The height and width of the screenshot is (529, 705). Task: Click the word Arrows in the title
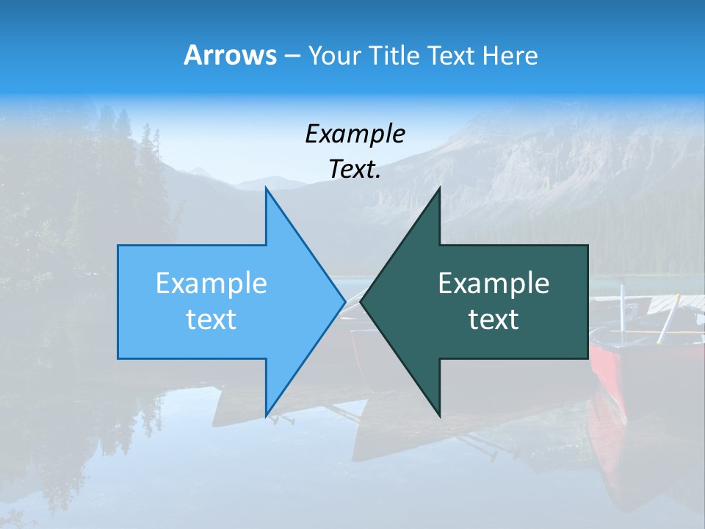(229, 55)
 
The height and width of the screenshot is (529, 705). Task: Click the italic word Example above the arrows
(355, 134)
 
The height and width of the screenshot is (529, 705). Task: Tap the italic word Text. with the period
(355, 170)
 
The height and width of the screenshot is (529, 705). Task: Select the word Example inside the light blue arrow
(211, 284)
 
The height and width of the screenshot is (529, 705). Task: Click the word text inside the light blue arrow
(211, 320)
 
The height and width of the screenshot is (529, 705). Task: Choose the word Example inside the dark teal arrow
(493, 284)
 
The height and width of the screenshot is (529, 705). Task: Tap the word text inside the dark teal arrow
(493, 320)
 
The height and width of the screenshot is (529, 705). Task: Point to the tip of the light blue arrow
(344, 301)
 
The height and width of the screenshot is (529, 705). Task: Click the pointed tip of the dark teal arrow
(361, 301)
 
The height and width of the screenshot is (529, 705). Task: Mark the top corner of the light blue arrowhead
(266, 188)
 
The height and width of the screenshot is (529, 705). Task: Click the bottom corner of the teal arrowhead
(439, 416)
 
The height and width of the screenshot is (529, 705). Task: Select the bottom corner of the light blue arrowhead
(266, 416)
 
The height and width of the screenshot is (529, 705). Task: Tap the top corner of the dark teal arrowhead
(439, 188)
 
